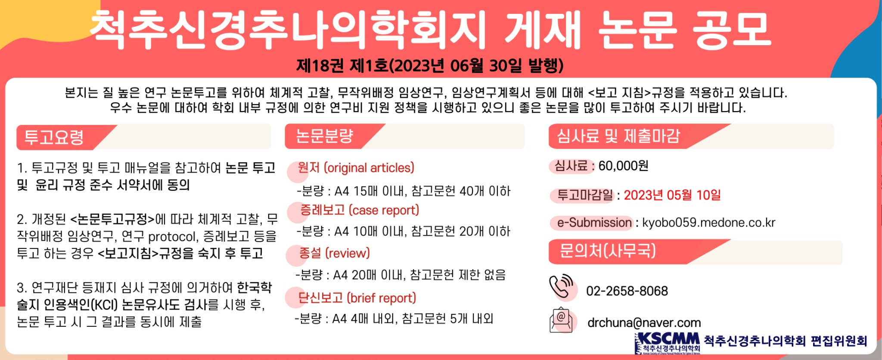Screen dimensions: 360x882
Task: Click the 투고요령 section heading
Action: tap(54, 137)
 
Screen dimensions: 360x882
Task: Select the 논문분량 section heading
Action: tap(324, 137)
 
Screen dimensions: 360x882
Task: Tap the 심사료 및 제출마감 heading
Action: tap(618, 136)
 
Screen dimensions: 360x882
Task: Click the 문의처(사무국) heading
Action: tap(607, 251)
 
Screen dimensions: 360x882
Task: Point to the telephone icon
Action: tap(562, 286)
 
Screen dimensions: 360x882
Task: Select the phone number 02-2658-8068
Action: tap(627, 291)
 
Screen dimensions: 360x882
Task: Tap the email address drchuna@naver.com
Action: tap(644, 323)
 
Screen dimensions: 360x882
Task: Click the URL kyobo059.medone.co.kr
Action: tap(708, 223)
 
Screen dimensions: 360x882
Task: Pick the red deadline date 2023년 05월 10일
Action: tap(672, 195)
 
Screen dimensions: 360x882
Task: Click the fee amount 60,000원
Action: tap(623, 166)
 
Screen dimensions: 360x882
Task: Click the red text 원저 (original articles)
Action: tap(356, 168)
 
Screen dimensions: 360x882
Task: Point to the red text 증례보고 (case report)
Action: tap(359, 210)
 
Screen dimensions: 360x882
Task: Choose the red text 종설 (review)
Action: tap(334, 253)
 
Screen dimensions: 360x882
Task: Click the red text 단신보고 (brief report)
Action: tap(357, 298)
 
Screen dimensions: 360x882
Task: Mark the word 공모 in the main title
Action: tap(731, 29)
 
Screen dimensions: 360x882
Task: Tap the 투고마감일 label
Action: tap(584, 195)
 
